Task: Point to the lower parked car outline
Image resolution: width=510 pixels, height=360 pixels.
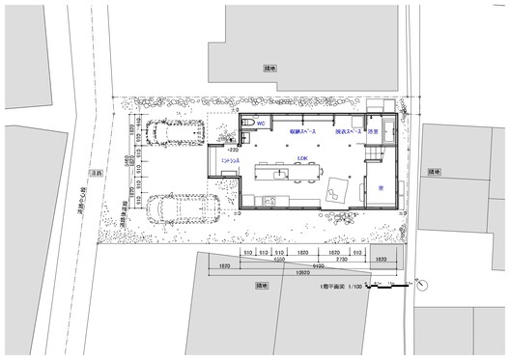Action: (x=184, y=207)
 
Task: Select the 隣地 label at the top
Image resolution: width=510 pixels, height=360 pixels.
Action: (x=269, y=69)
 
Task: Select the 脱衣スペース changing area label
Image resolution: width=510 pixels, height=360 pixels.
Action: (x=348, y=131)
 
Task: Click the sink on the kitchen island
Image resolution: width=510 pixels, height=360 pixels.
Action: (x=278, y=175)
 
